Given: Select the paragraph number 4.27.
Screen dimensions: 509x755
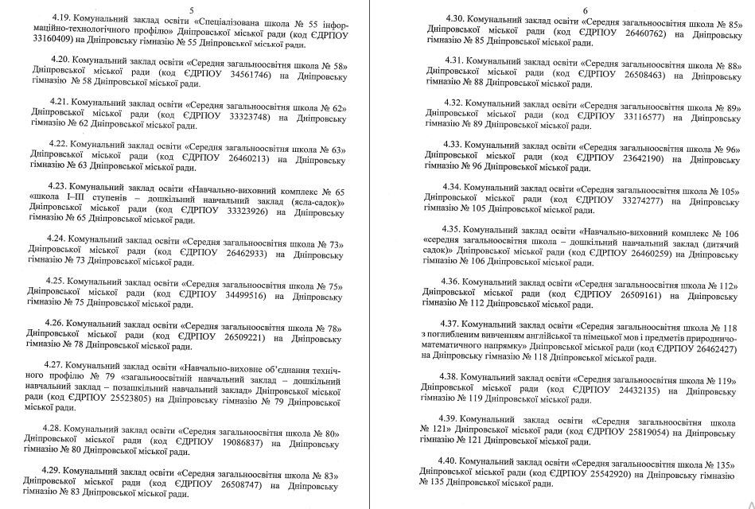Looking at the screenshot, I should click(x=60, y=365).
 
